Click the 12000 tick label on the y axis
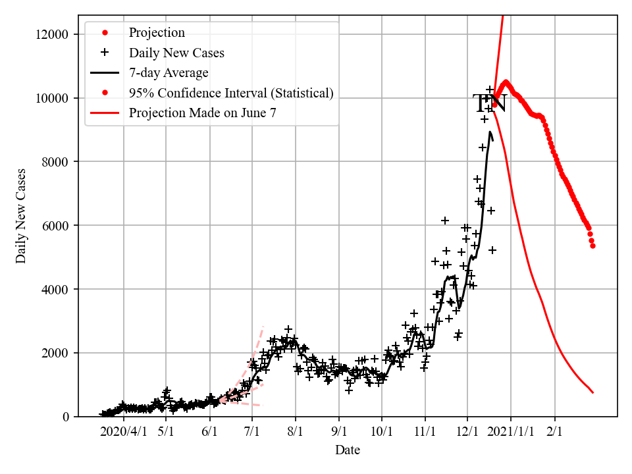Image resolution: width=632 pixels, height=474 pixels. pos(53,34)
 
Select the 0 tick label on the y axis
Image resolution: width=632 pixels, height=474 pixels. pos(66,417)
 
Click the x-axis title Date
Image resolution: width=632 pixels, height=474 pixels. pos(348,450)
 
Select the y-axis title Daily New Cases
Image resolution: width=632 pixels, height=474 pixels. pos(22,215)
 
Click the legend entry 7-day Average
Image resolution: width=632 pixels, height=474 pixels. pos(169,72)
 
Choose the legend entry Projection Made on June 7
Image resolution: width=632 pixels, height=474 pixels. pos(202,113)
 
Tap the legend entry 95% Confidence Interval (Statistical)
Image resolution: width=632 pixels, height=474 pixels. pos(231,93)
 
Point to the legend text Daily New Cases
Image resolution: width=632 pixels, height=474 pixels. pos(176,53)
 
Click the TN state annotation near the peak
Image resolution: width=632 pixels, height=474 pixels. pos(489,103)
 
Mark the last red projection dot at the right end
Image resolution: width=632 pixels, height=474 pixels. pos(592,246)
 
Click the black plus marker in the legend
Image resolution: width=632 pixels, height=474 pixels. pos(104,53)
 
